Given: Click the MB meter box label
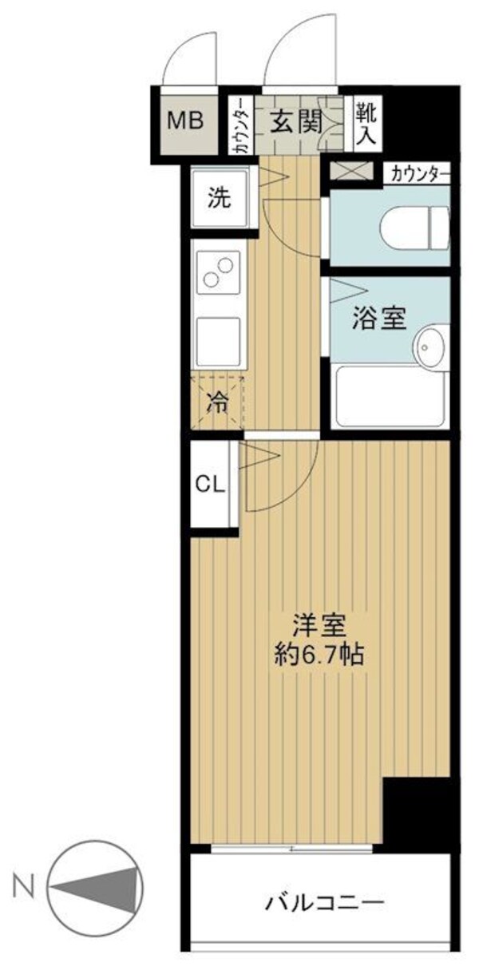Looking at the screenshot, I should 185,121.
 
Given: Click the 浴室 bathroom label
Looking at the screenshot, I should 379,319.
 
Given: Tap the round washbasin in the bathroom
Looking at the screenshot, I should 431,346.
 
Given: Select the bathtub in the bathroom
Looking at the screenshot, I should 389,396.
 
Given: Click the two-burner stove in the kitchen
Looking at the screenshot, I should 219,271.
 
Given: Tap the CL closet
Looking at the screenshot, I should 212,484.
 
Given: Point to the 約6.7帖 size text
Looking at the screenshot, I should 317,655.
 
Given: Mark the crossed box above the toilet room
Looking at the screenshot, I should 351,171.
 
